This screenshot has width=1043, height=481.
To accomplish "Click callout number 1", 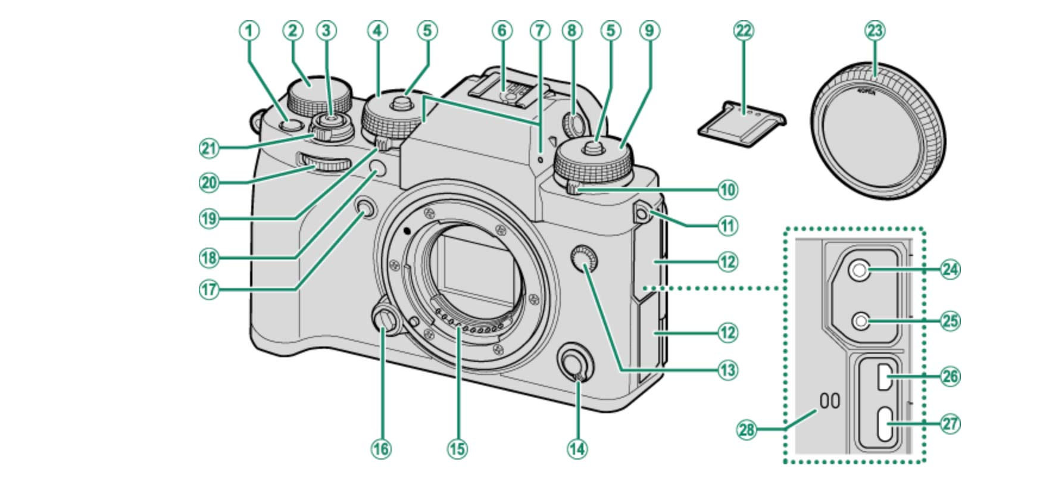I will pos(250,30).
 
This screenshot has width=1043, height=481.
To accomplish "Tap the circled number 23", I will pos(875,30).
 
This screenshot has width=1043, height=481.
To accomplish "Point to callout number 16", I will pos(381,448).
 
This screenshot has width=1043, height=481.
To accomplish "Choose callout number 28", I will pos(747,429).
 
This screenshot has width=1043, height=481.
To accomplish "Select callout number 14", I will pos(576,448).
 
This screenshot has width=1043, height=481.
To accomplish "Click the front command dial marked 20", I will pos(324,161).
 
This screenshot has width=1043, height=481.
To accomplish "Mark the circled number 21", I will pos(208,148).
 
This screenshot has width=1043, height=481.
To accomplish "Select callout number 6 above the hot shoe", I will pos(501,30).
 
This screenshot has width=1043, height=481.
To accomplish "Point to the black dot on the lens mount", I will pos(407,230).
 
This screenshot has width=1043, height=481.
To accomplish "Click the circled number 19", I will pos(208,218).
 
